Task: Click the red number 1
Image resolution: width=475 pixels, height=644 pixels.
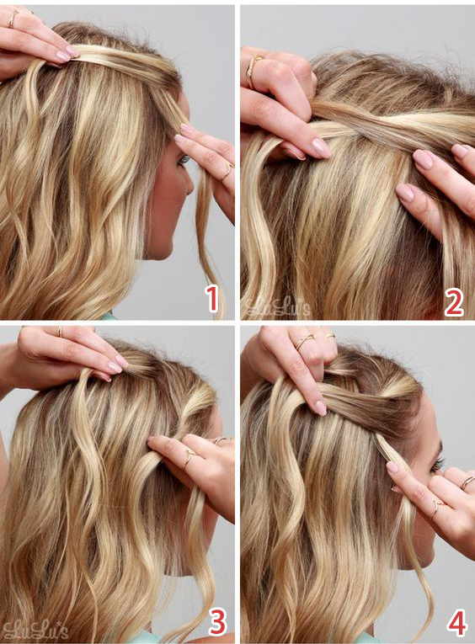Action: [212, 299]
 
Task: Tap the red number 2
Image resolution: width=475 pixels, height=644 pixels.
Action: [454, 303]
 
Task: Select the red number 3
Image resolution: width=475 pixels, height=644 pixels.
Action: [218, 621]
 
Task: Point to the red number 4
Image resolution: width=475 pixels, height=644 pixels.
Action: [456, 623]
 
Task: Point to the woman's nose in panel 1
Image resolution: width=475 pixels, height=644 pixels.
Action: [188, 184]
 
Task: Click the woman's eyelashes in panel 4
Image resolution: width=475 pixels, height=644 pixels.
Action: [438, 465]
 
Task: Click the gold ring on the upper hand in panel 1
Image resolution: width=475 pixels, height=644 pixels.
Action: [13, 19]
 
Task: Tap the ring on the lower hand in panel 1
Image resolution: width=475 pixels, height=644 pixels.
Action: [228, 171]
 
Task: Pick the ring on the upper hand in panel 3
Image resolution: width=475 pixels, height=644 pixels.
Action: [60, 332]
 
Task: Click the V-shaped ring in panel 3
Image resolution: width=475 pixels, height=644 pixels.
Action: [189, 457]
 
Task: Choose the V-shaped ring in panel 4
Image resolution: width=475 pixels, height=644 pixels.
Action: [437, 508]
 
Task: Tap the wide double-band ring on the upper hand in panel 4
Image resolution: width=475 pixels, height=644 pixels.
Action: [303, 341]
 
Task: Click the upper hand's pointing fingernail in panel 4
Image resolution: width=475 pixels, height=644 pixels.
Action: [320, 407]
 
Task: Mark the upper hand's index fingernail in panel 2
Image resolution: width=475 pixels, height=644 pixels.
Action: [322, 148]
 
